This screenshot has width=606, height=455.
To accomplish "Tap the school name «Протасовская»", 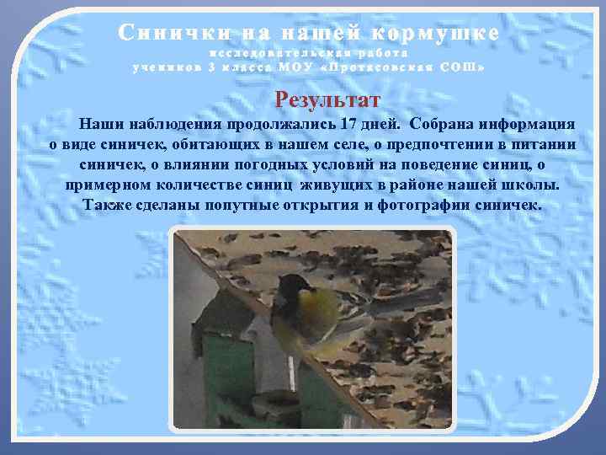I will coord(391,67).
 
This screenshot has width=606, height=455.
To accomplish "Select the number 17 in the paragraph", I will coord(350,124).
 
